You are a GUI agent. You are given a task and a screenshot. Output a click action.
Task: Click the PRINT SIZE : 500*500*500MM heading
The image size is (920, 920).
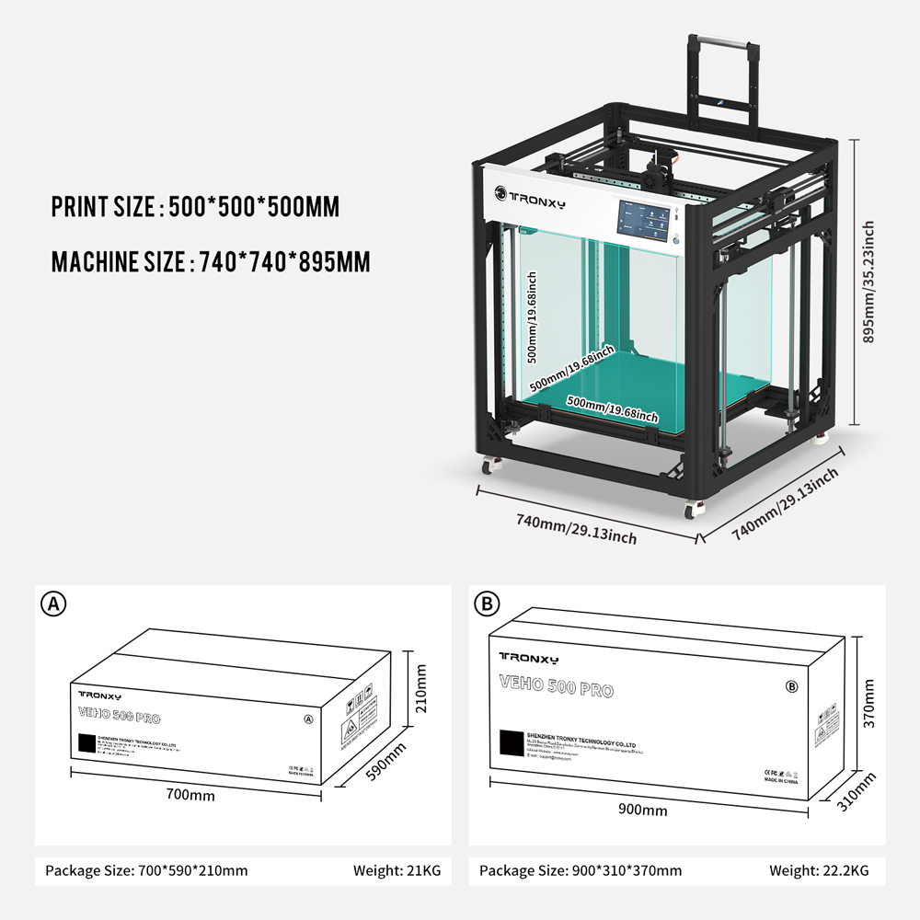(x=195, y=207)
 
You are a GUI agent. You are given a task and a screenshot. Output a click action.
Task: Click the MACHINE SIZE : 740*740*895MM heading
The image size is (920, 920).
(x=211, y=262)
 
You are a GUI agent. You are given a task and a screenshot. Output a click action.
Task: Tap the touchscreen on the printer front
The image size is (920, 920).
(x=644, y=223)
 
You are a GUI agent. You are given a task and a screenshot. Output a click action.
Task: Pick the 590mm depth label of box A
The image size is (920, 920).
(x=385, y=762)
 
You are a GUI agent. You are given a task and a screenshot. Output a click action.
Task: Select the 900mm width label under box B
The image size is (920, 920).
(x=642, y=811)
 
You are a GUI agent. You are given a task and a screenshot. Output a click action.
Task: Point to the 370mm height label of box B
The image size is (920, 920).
(x=869, y=703)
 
